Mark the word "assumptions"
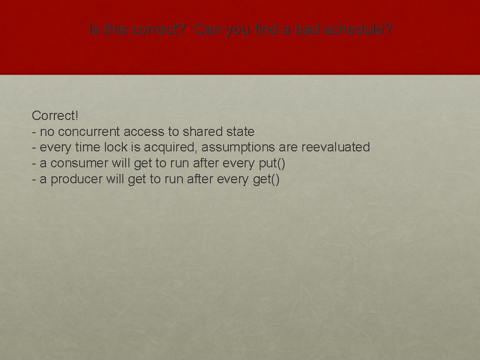(239, 148)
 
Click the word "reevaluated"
(336, 147)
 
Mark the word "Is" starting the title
(93, 30)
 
